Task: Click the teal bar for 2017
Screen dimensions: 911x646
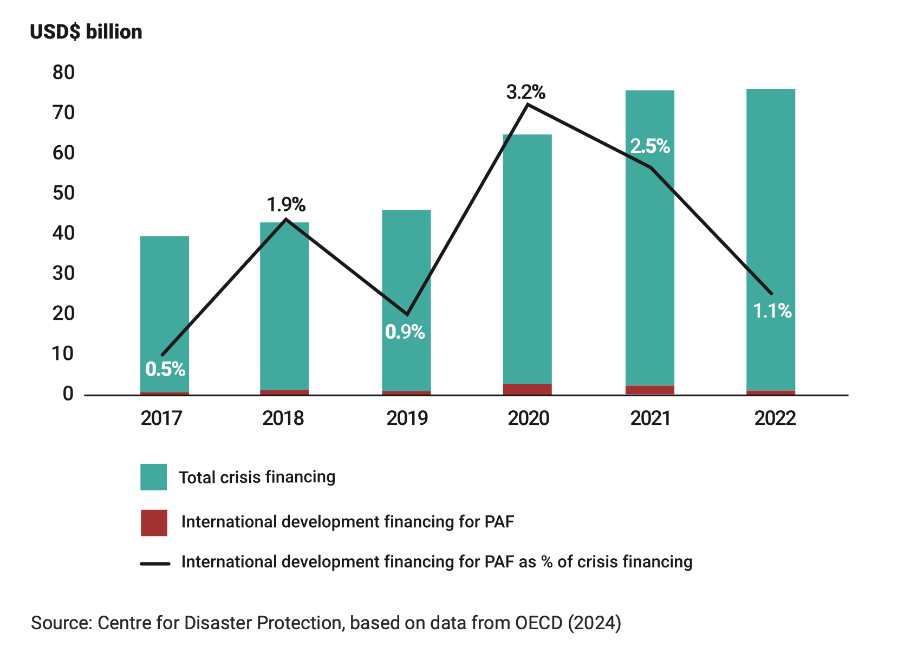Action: click(x=165, y=314)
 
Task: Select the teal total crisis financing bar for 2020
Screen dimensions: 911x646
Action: click(x=528, y=259)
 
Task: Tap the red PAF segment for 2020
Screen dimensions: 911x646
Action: click(x=528, y=390)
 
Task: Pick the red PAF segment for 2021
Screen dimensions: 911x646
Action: click(x=650, y=390)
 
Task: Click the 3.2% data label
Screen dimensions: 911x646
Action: click(x=525, y=92)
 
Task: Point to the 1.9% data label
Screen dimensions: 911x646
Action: click(x=286, y=204)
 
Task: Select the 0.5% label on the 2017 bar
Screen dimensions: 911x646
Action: click(x=165, y=369)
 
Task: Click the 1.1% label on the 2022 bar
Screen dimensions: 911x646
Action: click(x=772, y=311)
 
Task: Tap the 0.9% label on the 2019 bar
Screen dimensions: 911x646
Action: click(x=405, y=332)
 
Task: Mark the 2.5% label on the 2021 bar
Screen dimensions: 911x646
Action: click(x=650, y=146)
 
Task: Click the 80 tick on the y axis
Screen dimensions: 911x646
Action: click(x=63, y=73)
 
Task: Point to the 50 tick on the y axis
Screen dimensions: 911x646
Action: click(x=63, y=193)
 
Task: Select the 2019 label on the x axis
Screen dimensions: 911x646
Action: click(x=407, y=418)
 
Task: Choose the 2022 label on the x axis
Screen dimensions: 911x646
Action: click(x=775, y=418)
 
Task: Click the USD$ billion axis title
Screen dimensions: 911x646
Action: click(x=86, y=32)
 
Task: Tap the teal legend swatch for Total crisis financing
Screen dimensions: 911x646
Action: click(x=153, y=477)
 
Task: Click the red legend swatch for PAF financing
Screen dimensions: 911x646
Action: click(x=154, y=522)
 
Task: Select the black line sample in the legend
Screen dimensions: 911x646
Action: click(x=155, y=564)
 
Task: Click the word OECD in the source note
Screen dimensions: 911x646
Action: click(x=538, y=623)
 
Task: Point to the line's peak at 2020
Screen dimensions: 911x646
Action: click(x=528, y=105)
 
